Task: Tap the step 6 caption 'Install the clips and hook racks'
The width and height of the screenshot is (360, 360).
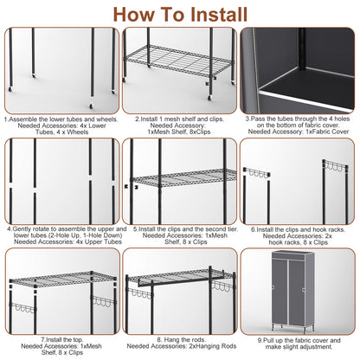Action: pos(299,229)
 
